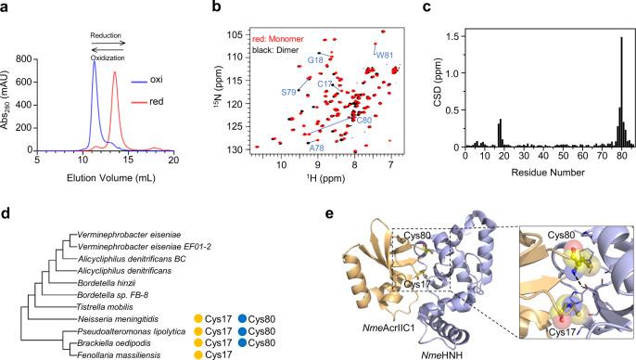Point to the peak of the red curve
(115, 72)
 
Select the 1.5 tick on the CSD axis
(449, 35)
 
